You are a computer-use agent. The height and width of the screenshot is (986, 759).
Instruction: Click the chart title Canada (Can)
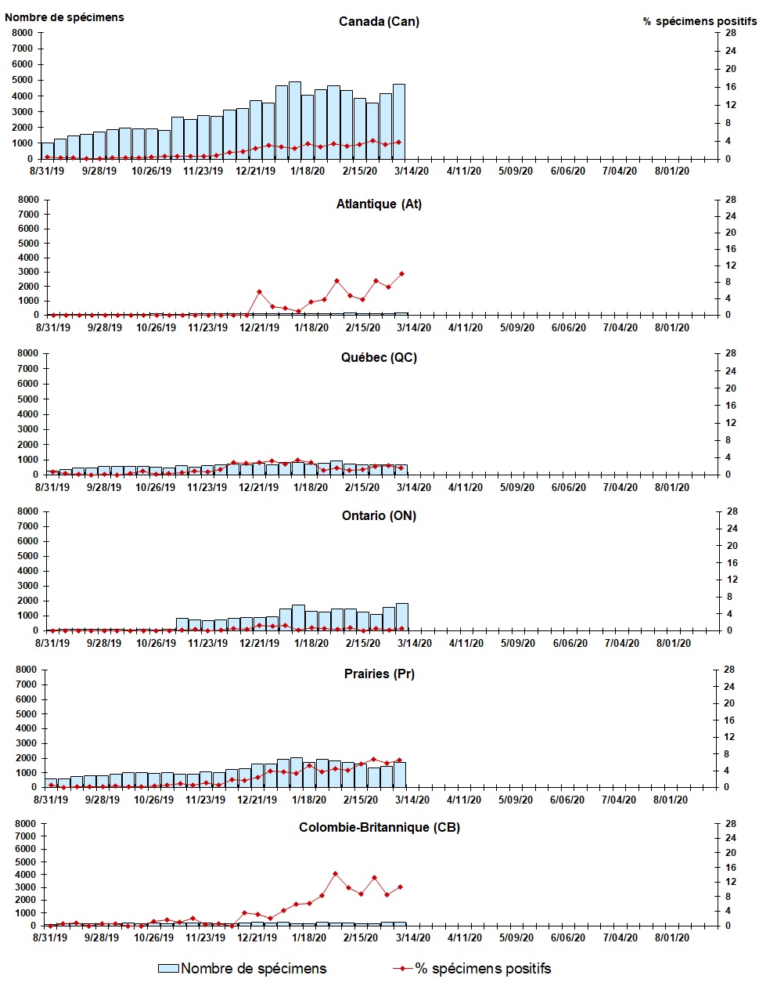tap(379, 21)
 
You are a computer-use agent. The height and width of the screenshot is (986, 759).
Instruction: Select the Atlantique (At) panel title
tap(379, 204)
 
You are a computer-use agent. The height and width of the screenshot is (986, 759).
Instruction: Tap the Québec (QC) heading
tap(379, 357)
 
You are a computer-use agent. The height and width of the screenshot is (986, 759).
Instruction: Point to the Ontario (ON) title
tap(379, 515)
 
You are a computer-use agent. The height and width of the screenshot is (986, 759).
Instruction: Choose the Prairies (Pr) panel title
tap(379, 674)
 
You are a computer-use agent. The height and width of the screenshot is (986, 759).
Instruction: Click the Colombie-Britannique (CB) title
tap(379, 827)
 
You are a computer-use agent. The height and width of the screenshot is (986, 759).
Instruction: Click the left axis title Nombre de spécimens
tap(64, 17)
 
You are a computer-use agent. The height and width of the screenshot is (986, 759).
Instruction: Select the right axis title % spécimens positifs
tap(700, 21)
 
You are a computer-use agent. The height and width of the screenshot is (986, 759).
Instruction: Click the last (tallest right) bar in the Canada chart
tap(399, 121)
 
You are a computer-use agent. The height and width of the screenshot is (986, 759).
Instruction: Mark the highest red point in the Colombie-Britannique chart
tap(335, 873)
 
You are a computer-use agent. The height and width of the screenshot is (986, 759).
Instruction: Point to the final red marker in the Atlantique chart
tap(401, 274)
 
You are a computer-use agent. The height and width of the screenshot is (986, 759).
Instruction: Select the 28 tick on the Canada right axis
tap(730, 33)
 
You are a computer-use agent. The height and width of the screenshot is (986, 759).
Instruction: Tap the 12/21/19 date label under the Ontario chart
tap(259, 644)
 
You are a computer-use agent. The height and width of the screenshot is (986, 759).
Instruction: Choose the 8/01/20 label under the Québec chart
tap(672, 487)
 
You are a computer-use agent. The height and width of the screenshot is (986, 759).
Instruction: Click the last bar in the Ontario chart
tap(401, 617)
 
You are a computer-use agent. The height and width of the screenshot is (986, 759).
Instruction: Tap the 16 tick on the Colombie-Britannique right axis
tap(730, 868)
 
